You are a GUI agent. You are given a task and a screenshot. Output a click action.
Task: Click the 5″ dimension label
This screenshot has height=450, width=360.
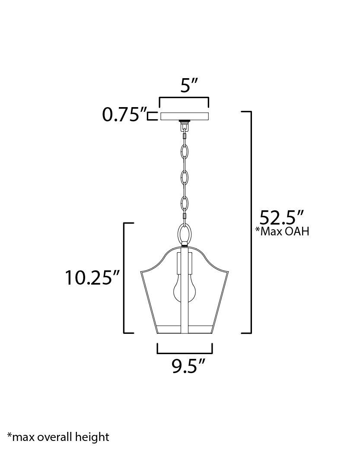[x=189, y=85]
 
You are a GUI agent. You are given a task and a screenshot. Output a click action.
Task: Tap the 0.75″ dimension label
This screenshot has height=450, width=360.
[x=124, y=115]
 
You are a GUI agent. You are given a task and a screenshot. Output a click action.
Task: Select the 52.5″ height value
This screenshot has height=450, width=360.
[x=281, y=218]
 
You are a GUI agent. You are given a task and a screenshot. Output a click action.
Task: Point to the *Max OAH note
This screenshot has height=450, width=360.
[x=282, y=231]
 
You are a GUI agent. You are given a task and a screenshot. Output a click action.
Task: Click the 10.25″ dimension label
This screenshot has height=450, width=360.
[x=92, y=278]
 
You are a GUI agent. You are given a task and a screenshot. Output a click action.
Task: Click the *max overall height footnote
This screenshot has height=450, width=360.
[x=58, y=437]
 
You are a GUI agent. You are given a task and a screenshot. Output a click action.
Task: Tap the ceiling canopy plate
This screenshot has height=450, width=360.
[x=185, y=116]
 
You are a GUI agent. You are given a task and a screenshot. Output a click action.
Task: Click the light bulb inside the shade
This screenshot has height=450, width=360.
[x=184, y=289]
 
